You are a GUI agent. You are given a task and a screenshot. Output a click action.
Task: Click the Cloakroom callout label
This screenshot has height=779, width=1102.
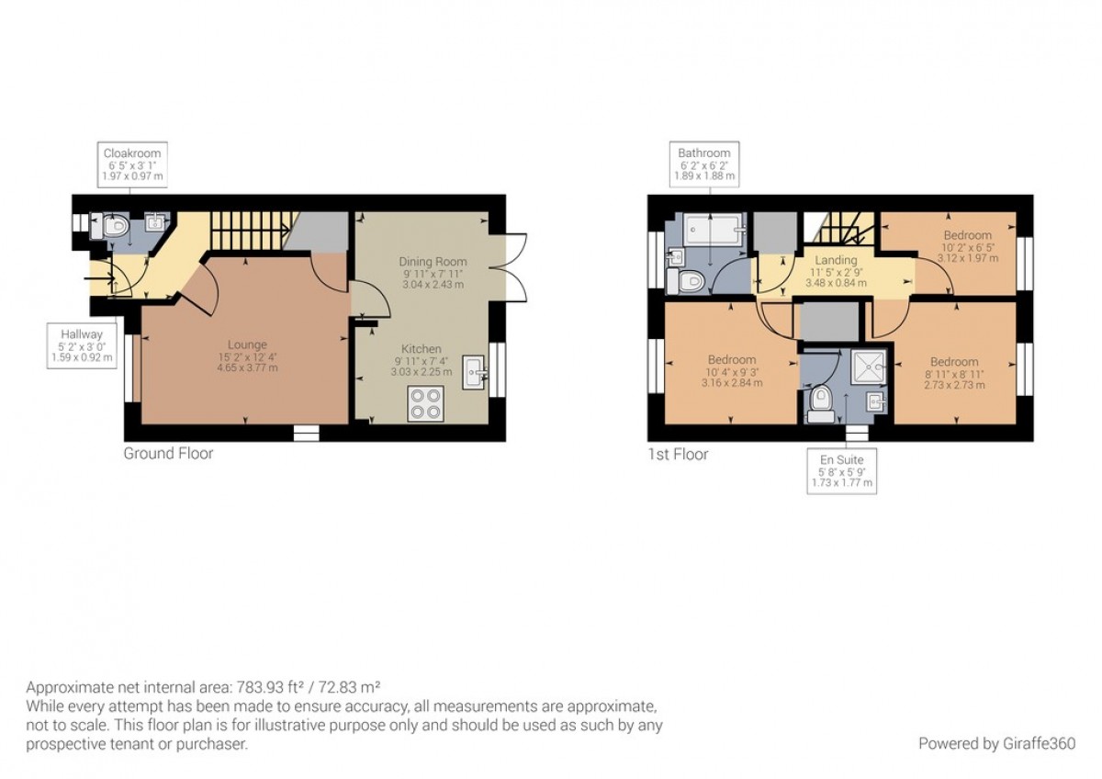(x=132, y=164)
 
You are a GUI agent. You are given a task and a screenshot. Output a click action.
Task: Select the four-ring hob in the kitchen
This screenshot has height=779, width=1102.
(x=425, y=403)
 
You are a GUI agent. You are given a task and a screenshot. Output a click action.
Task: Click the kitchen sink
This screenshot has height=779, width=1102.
(x=476, y=373)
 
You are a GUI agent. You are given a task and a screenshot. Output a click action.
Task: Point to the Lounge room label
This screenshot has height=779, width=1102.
(x=247, y=344)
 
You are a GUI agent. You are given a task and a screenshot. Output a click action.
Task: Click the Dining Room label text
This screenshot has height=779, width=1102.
(x=433, y=262)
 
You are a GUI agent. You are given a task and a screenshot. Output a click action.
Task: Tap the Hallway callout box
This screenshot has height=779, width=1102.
(x=82, y=345)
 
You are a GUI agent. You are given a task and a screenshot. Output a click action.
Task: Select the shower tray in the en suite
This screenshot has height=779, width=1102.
(x=869, y=367)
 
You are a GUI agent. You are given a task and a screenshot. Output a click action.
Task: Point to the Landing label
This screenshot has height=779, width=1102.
(x=836, y=260)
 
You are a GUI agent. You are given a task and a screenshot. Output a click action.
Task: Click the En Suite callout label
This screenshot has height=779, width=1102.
(x=842, y=471)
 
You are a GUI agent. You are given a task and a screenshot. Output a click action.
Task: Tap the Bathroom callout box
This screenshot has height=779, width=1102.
(x=704, y=164)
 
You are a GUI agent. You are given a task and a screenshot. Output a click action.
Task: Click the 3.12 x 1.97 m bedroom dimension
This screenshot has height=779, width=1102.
(x=968, y=258)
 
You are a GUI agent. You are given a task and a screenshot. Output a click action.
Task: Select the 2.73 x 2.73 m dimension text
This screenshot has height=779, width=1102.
(x=954, y=385)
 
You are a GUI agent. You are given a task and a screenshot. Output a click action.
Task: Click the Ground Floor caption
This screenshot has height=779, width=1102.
(x=168, y=453)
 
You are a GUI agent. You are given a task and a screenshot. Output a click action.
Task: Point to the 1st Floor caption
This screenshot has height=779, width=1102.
(x=679, y=454)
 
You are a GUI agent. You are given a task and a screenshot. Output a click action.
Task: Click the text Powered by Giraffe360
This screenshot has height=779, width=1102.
(x=997, y=743)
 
